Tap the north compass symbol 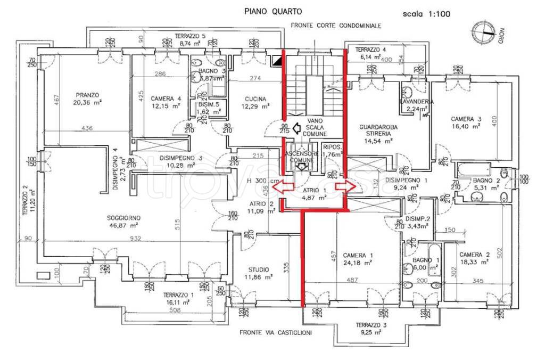pyautogui.click(x=485, y=29)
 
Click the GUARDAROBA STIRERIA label pyautogui.click(x=376, y=130)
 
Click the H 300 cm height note pyautogui.click(x=264, y=181)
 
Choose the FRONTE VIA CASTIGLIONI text pyautogui.click(x=275, y=333)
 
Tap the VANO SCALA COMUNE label pyautogui.click(x=315, y=128)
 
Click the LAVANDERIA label pyautogui.click(x=416, y=102)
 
